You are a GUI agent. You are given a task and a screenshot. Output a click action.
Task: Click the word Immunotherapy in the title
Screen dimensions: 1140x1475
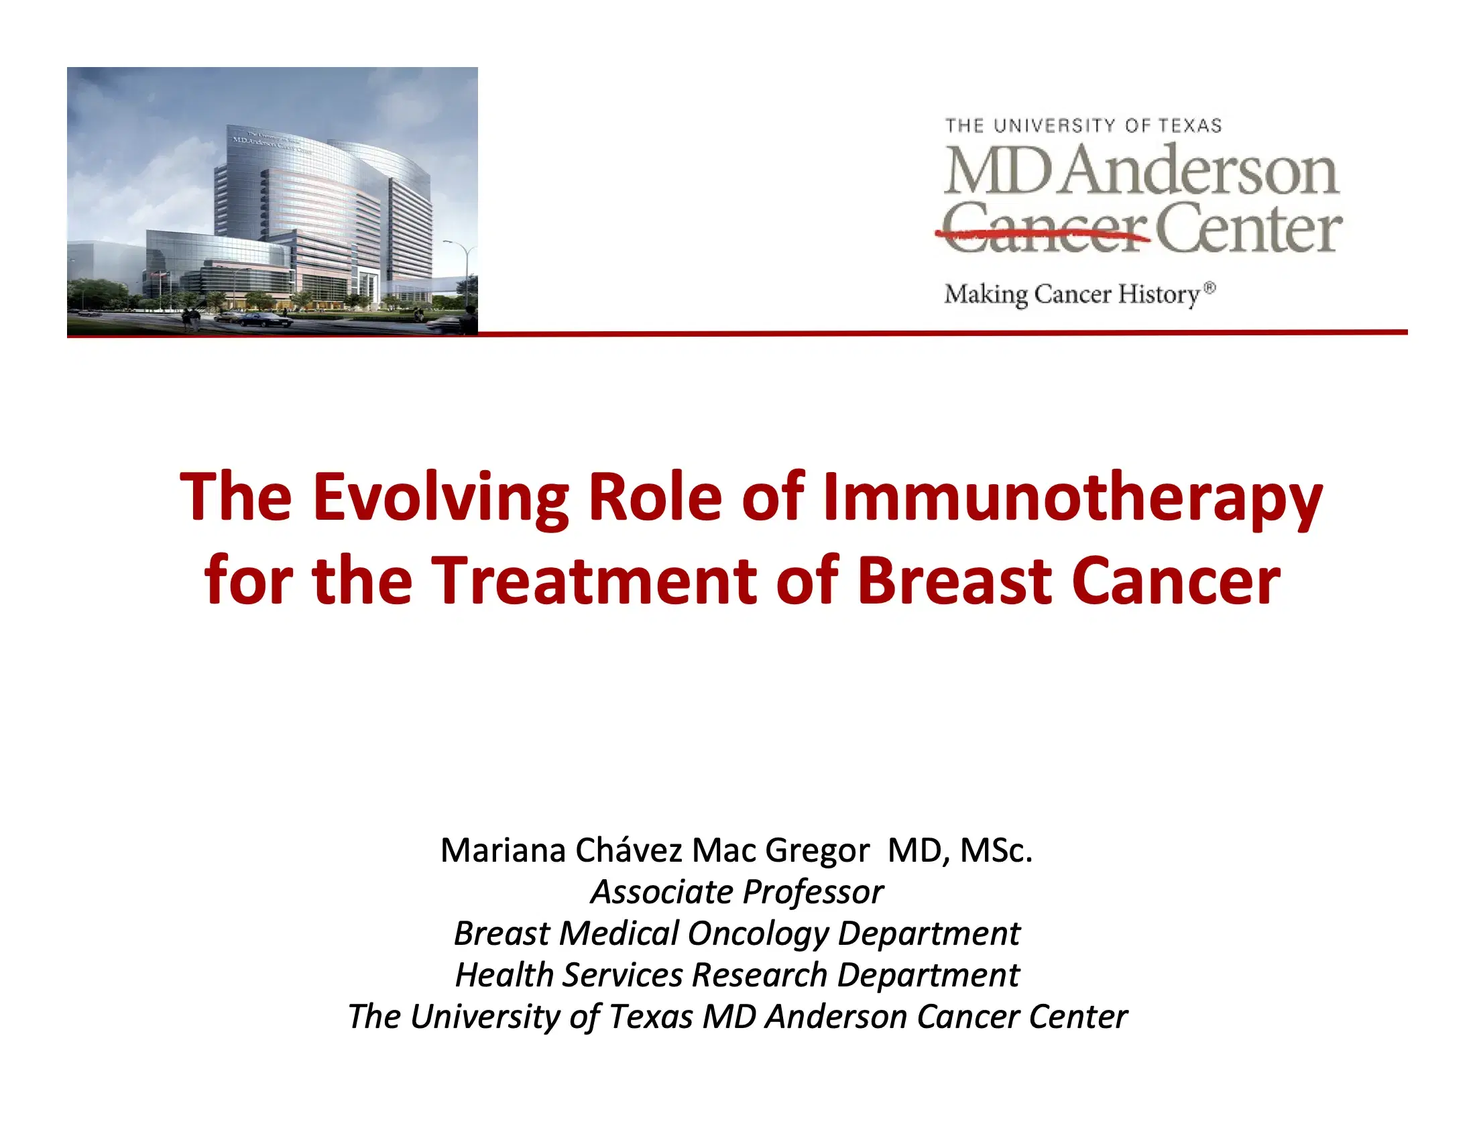[1072, 498]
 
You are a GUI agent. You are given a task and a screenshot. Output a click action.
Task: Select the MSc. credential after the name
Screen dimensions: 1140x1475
[996, 850]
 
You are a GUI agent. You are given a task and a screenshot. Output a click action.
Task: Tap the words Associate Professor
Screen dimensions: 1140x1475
[737, 892]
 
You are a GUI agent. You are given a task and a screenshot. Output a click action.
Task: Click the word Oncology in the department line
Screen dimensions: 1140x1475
[758, 934]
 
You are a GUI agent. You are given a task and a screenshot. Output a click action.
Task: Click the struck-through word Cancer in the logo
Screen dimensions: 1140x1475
[1044, 229]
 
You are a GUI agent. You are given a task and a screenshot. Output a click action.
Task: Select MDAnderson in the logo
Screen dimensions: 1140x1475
[1140, 170]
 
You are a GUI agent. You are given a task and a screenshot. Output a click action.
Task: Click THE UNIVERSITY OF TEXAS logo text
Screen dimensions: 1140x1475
[1083, 125]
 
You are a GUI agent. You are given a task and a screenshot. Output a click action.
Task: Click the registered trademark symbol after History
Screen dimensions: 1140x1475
[1209, 288]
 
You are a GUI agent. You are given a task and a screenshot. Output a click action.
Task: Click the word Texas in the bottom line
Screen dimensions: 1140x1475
[651, 1017]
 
